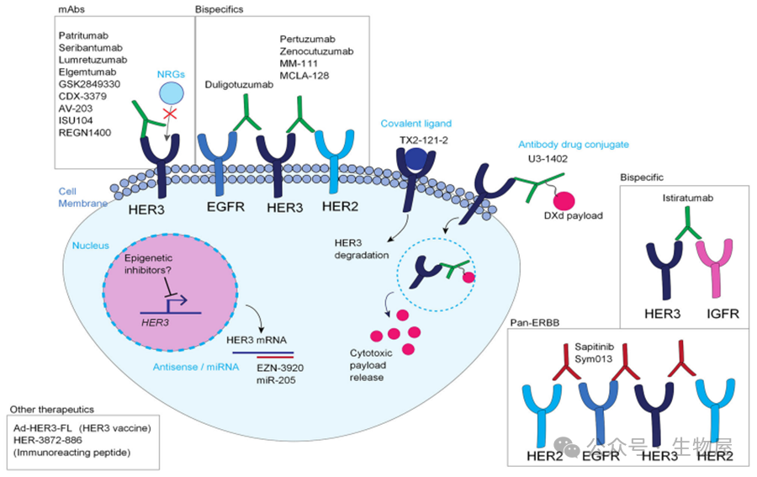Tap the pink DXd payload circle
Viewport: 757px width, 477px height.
coord(564,201)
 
